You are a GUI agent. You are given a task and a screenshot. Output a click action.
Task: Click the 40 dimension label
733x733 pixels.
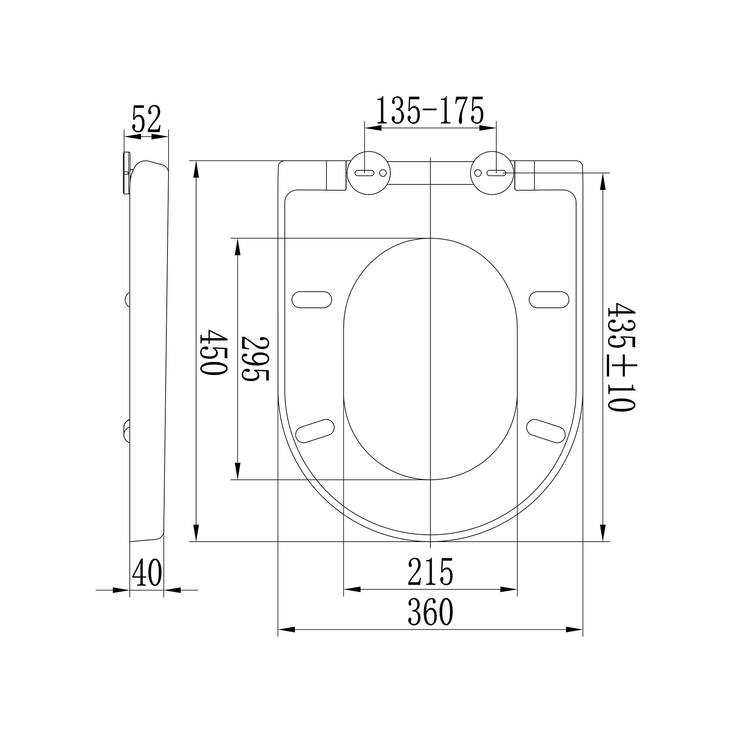click(147, 573)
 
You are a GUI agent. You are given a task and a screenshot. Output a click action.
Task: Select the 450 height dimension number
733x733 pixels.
click(214, 352)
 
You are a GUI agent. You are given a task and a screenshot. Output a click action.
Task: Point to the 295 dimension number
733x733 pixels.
click(255, 358)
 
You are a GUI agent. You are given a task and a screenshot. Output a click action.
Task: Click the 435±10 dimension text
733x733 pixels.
click(621, 357)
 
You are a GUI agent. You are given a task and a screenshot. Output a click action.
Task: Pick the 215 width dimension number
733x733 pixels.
click(431, 572)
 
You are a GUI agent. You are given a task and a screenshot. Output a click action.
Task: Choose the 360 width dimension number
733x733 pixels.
click(431, 612)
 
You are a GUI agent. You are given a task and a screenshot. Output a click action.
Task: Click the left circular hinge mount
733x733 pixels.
click(369, 173)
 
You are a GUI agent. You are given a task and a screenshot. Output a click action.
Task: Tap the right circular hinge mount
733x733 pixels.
click(492, 173)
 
